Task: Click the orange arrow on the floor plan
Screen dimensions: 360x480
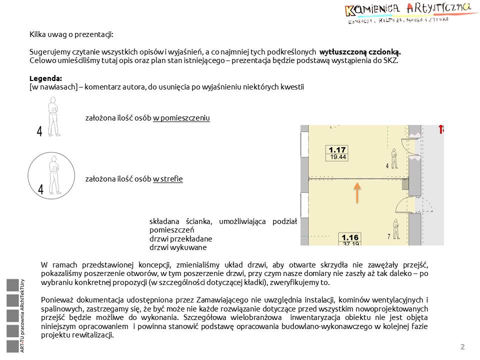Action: coord(357,193)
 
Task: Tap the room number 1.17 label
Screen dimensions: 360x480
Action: coord(337,149)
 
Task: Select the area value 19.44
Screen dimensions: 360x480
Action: coord(337,157)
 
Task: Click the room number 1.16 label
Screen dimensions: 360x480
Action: coord(350,237)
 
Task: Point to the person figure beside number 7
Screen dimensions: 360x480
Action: coord(395,230)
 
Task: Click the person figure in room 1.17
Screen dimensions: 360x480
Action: coord(394,159)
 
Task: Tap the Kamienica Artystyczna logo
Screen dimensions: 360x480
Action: coord(408,13)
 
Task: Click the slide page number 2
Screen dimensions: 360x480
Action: coord(462,347)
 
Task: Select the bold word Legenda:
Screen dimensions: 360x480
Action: coord(46,78)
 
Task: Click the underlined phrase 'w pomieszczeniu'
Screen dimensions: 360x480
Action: coord(181,118)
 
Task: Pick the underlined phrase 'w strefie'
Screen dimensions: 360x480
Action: coord(167,178)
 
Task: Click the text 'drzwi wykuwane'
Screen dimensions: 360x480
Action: coord(178,247)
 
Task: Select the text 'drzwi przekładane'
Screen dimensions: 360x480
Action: coord(181,239)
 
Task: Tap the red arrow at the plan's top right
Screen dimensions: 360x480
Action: coord(441,129)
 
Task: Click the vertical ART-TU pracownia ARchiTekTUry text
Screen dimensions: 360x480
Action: coord(22,316)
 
